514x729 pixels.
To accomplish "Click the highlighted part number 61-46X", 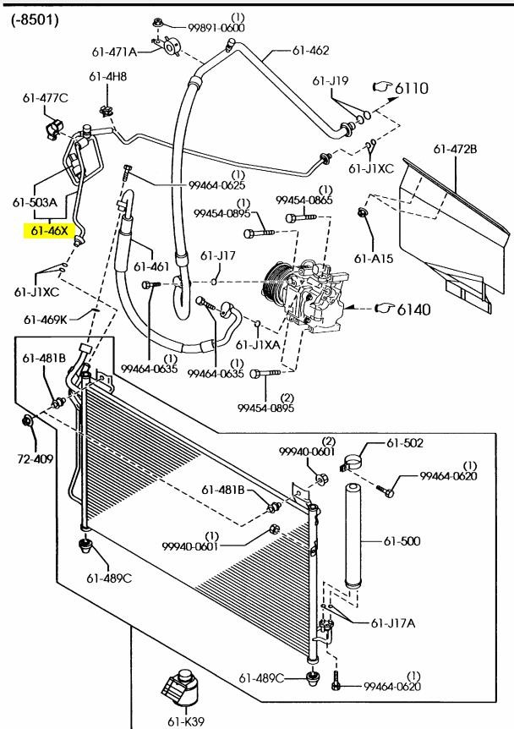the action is click(x=49, y=231).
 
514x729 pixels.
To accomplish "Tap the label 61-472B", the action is click(x=455, y=149).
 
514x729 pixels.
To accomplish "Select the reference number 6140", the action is click(x=413, y=310).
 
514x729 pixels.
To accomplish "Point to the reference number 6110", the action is click(x=412, y=88).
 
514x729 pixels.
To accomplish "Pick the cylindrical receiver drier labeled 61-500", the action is click(x=353, y=535).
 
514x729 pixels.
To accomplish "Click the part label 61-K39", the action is click(x=186, y=721).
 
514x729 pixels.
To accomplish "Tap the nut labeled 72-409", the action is click(x=27, y=421).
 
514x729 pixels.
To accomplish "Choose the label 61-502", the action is click(x=405, y=443).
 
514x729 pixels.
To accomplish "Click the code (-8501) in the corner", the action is click(x=35, y=19).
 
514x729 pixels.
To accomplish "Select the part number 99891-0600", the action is click(x=216, y=27).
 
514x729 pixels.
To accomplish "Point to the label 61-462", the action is click(x=310, y=50).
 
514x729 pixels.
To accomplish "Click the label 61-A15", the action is click(x=373, y=259).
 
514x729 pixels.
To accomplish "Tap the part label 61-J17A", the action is click(x=393, y=623).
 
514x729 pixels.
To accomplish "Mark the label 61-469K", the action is click(x=45, y=320).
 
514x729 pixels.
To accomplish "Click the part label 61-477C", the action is click(x=45, y=98).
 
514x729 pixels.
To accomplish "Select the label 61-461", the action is click(x=151, y=266).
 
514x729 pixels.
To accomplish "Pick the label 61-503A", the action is click(x=35, y=203).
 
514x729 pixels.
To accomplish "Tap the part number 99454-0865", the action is click(x=304, y=200).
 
